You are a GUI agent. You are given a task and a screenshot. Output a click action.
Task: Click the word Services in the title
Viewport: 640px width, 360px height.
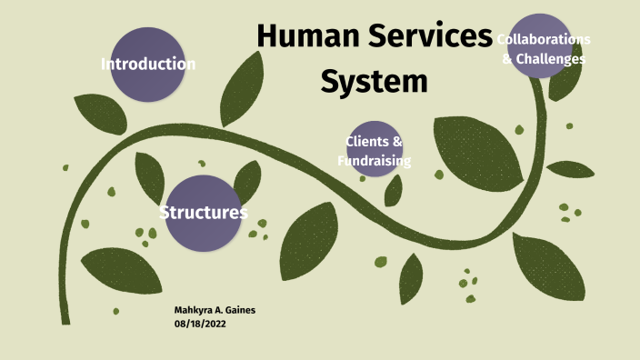pyautogui.click(x=428, y=37)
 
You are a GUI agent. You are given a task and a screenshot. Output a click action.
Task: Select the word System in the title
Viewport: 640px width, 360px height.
pyautogui.click(x=375, y=81)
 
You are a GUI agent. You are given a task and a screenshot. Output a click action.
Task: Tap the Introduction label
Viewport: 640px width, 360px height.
pyautogui.click(x=148, y=64)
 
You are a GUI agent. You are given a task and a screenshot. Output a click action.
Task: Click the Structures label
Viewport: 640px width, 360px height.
pyautogui.click(x=204, y=213)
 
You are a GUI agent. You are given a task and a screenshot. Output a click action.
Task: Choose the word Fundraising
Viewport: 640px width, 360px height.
pyautogui.click(x=375, y=161)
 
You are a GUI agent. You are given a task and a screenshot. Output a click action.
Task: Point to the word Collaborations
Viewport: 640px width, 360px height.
pyautogui.click(x=544, y=40)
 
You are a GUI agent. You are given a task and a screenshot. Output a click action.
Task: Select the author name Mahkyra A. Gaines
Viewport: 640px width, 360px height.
pyautogui.click(x=215, y=310)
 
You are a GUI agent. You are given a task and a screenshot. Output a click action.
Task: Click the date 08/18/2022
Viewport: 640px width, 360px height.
pyautogui.click(x=200, y=324)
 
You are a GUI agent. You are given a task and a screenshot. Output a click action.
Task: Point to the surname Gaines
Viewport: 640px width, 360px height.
pyautogui.click(x=236, y=310)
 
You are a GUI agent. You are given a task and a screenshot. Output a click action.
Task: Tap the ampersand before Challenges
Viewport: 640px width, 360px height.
pyautogui.click(x=508, y=59)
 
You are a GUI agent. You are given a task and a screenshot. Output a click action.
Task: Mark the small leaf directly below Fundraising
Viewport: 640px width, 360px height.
pyautogui.click(x=393, y=191)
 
